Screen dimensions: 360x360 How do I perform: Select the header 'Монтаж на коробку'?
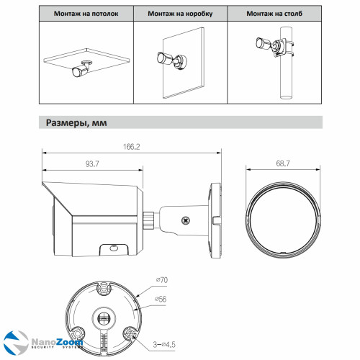tap(181, 14)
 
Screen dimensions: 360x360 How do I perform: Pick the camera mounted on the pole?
tap(260, 45)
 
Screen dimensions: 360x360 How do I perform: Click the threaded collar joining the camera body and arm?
tap(150, 217)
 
